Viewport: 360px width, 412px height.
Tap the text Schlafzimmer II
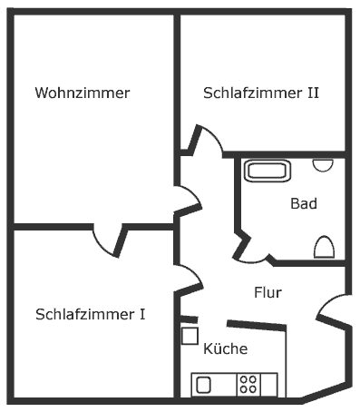pos(260,93)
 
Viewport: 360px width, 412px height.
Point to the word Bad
pos(304,204)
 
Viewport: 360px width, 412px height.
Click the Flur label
pos(268,293)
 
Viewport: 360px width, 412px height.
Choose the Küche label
pos(226,348)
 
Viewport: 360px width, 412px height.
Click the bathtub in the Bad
pos(267,170)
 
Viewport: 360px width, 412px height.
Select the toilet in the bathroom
pos(324,246)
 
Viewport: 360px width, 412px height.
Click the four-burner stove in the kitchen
pos(248,384)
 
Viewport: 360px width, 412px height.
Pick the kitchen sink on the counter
pos(203,384)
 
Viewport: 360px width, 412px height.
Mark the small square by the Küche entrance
pos(190,336)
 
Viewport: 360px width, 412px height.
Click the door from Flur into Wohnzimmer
pos(189,200)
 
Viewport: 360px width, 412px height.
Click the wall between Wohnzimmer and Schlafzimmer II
pos(177,82)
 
